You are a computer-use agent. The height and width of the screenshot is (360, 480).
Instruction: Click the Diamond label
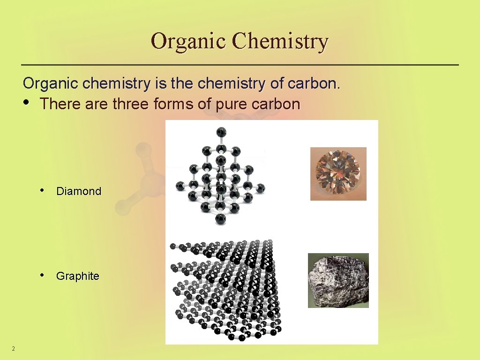[x=78, y=191]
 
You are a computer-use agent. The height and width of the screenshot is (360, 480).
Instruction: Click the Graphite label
[x=77, y=276]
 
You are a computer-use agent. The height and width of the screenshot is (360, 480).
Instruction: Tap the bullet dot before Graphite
[x=43, y=275]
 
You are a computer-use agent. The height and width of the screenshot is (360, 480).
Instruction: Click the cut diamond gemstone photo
[x=338, y=173]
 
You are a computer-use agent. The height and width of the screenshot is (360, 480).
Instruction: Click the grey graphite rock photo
[x=338, y=280]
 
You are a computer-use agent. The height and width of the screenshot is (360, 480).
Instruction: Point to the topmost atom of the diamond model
[x=221, y=132]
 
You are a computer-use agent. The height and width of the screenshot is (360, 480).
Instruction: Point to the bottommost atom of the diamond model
[x=220, y=218]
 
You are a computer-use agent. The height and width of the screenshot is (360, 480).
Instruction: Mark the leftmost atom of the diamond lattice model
[x=180, y=187]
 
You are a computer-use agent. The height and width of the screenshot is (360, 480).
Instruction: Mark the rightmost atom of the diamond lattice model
[x=261, y=188]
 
